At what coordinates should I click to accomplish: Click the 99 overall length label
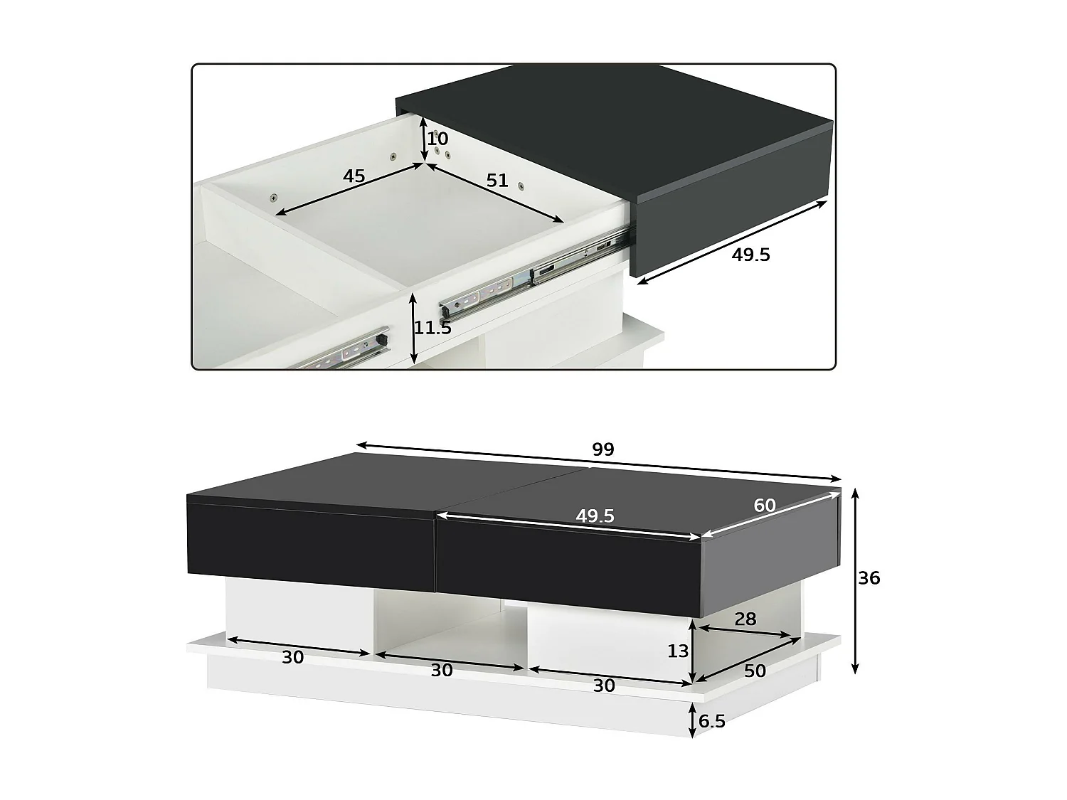602,449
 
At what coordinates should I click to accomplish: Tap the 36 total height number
869,578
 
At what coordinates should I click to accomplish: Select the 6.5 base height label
712,721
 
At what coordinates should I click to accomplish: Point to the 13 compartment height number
678,651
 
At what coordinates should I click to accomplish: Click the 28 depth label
745,619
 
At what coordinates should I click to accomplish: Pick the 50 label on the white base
755,671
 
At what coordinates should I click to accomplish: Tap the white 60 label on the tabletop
765,506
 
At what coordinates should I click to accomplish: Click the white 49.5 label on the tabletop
595,516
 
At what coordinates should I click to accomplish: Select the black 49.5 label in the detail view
750,255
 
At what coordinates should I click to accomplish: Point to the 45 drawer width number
354,176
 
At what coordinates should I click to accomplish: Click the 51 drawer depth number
497,180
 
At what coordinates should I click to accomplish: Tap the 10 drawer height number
438,139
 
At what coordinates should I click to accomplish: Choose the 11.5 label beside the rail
433,328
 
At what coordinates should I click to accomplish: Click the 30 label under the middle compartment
442,670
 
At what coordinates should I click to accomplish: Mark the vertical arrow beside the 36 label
855,580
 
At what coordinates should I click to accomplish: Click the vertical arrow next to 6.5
692,720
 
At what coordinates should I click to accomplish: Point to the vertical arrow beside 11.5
413,329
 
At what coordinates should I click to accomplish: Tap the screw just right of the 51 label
521,186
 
